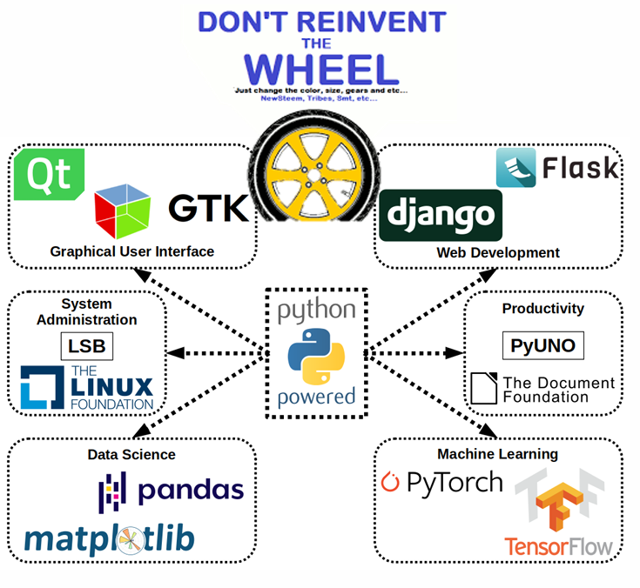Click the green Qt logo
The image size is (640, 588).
(48, 174)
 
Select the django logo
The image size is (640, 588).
(441, 215)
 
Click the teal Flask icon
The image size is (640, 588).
(515, 167)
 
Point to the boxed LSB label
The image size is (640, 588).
(87, 347)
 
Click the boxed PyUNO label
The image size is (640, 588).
(543, 345)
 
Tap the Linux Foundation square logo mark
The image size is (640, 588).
(42, 387)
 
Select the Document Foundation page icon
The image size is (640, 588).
(482, 389)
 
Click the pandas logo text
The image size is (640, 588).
(191, 490)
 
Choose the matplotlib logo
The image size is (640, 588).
(110, 538)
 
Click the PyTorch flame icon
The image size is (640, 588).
(392, 481)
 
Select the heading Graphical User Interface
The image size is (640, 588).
(132, 251)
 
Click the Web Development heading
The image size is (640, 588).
(498, 252)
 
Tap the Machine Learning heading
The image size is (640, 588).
(497, 453)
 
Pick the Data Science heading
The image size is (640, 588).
(131, 454)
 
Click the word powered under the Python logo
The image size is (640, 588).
(316, 397)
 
